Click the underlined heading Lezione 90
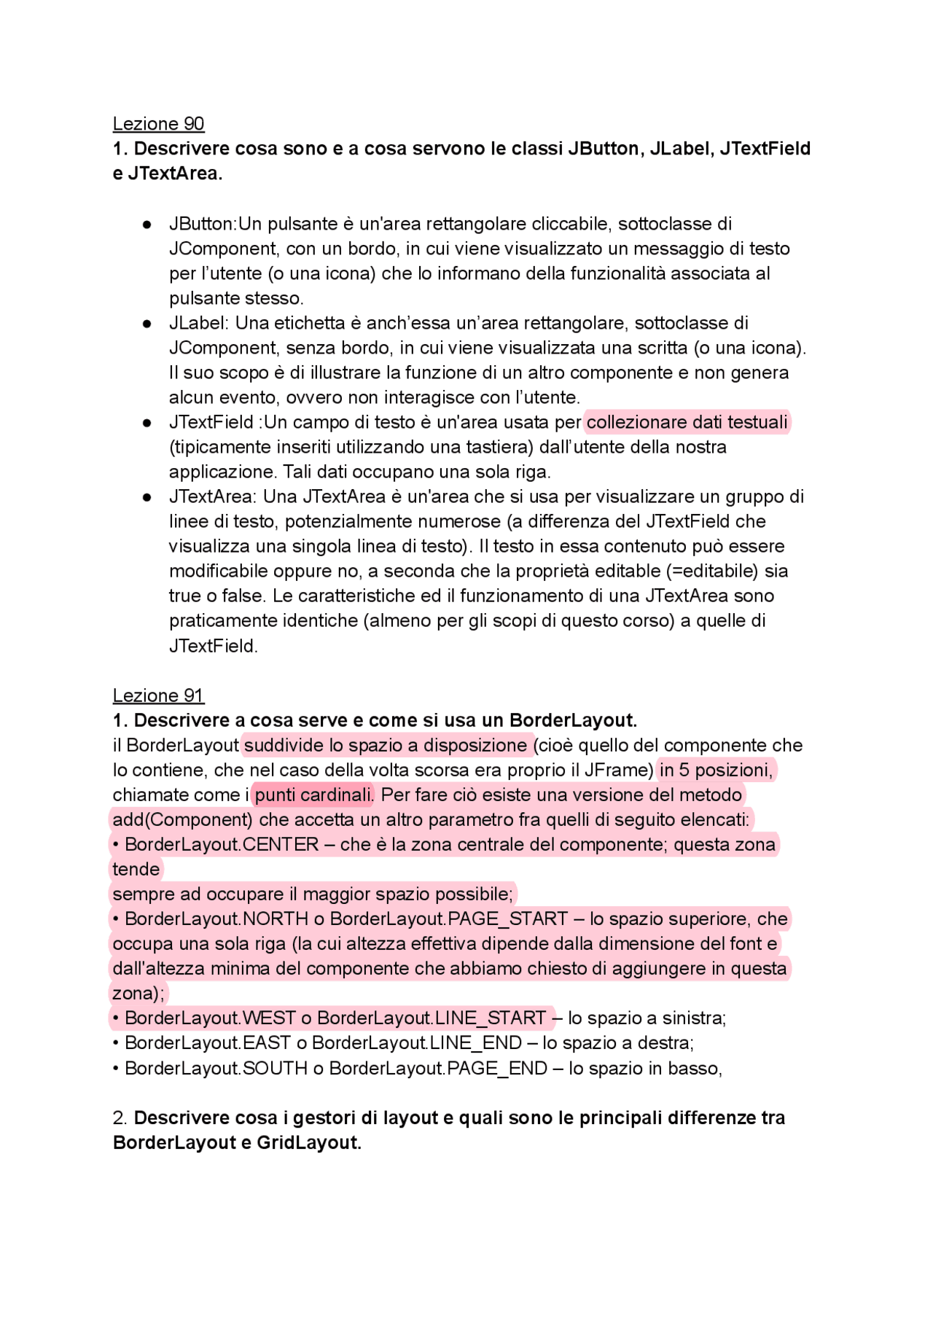pyautogui.click(x=158, y=124)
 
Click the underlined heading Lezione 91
pyautogui.click(x=158, y=695)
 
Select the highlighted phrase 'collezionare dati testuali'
pyautogui.click(x=687, y=422)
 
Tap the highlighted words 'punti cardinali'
pyautogui.click(x=313, y=795)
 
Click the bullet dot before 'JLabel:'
pyautogui.click(x=147, y=323)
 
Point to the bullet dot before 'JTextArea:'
pyautogui.click(x=147, y=497)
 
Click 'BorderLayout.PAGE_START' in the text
pyautogui.click(x=448, y=919)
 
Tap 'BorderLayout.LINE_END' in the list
pyautogui.click(x=416, y=1042)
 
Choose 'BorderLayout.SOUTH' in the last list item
pyautogui.click(x=216, y=1068)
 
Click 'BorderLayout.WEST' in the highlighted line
pyautogui.click(x=210, y=1018)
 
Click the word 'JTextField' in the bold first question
pyautogui.click(x=765, y=149)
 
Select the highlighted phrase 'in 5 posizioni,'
pyautogui.click(x=716, y=770)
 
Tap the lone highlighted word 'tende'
pyautogui.click(x=136, y=869)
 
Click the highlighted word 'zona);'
pyautogui.click(x=138, y=993)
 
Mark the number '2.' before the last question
pyautogui.click(x=120, y=1118)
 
